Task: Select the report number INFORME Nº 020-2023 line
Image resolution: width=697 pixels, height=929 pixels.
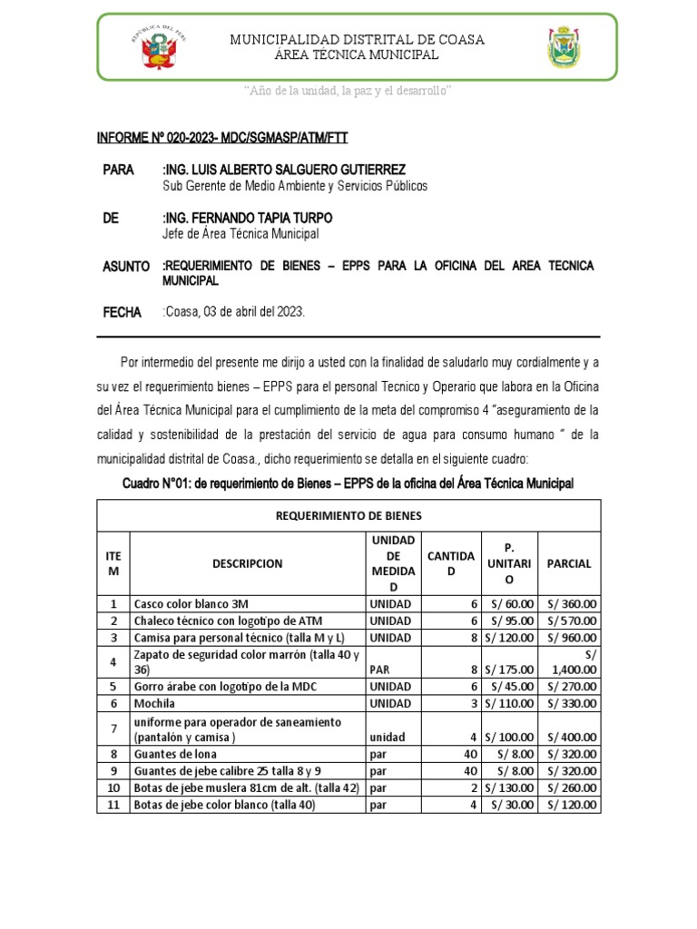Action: (222, 138)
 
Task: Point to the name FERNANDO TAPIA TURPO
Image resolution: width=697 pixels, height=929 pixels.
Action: (247, 219)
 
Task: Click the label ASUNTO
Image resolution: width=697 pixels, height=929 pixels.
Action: (126, 266)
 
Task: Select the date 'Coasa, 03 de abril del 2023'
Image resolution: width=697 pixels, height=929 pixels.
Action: (234, 312)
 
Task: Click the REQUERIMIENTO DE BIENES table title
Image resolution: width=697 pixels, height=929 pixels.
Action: (348, 515)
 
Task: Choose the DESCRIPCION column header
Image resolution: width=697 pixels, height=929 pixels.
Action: (248, 563)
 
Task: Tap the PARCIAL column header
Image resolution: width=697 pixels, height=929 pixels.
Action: (569, 563)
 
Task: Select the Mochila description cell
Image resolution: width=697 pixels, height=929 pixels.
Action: (154, 703)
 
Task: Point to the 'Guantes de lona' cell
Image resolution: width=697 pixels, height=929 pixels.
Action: (174, 753)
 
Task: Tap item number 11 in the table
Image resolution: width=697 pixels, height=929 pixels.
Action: (113, 804)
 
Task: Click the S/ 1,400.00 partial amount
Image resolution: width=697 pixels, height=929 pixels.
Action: (572, 661)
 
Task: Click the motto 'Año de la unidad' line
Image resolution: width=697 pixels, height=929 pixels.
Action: (348, 92)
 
